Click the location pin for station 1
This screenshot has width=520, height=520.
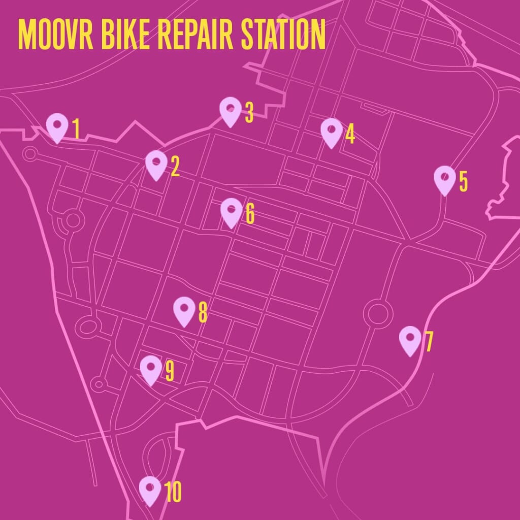tap(57, 127)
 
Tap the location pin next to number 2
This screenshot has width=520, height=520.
tap(156, 165)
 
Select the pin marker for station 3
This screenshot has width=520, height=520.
tap(230, 111)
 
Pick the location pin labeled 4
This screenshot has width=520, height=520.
tap(331, 132)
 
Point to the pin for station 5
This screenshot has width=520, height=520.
tap(444, 179)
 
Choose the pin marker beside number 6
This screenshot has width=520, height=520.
tap(231, 212)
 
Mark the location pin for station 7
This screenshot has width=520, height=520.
tap(410, 340)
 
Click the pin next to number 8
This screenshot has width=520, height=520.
tap(184, 311)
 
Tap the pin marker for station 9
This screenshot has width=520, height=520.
tap(151, 369)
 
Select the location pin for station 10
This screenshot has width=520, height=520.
tap(150, 490)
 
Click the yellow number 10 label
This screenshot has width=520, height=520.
tap(173, 492)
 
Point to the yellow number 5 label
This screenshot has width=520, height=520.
tap(463, 181)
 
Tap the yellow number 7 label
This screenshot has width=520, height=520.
tap(429, 342)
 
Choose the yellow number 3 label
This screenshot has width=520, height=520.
tap(249, 113)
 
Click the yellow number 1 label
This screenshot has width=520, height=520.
tap(76, 129)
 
